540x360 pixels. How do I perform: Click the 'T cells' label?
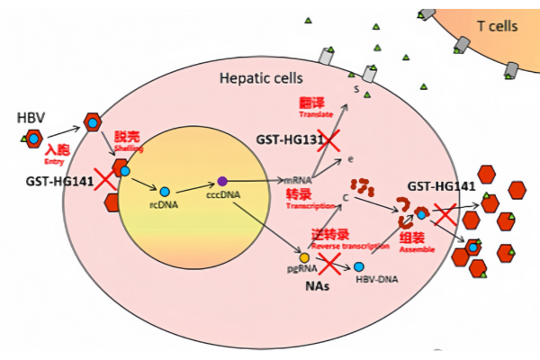pos(497,26)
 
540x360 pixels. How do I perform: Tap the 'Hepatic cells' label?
pos(262,78)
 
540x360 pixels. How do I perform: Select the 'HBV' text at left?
pos(30,119)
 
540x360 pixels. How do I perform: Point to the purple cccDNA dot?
pos(222,182)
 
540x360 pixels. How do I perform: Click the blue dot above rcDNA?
pos(165,192)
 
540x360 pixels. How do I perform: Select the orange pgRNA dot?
pos(304,257)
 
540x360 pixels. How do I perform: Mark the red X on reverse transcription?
pos(328,263)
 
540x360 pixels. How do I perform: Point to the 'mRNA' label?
pos(297,182)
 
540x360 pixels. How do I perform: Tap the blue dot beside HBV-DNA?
pos(360,267)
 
